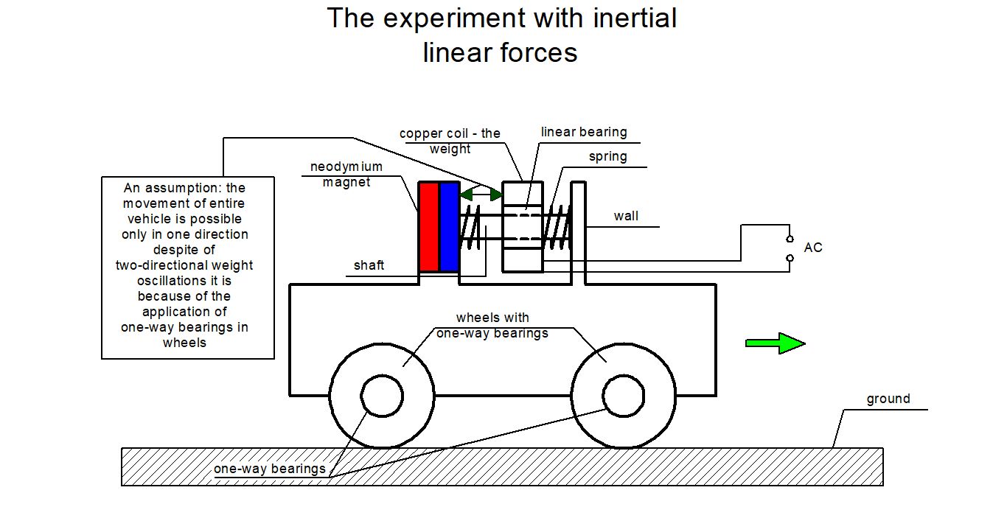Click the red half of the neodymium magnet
tap(429, 226)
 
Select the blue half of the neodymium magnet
tap(449, 226)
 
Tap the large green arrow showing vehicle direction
tap(776, 343)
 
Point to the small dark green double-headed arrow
tap(481, 194)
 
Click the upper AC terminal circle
tap(790, 239)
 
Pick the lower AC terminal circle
tap(790, 258)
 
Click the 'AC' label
tap(813, 248)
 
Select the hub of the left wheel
tap(382, 396)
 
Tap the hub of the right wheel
tap(624, 396)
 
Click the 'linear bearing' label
tap(584, 132)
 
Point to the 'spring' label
tap(607, 156)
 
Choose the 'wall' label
tap(626, 216)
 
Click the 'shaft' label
tap(369, 265)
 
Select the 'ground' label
tap(888, 399)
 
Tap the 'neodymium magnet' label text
tap(346, 175)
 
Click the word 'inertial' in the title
tap(635, 18)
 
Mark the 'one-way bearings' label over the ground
tap(270, 469)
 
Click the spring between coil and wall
tap(557, 227)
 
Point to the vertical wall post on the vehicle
tap(578, 233)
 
